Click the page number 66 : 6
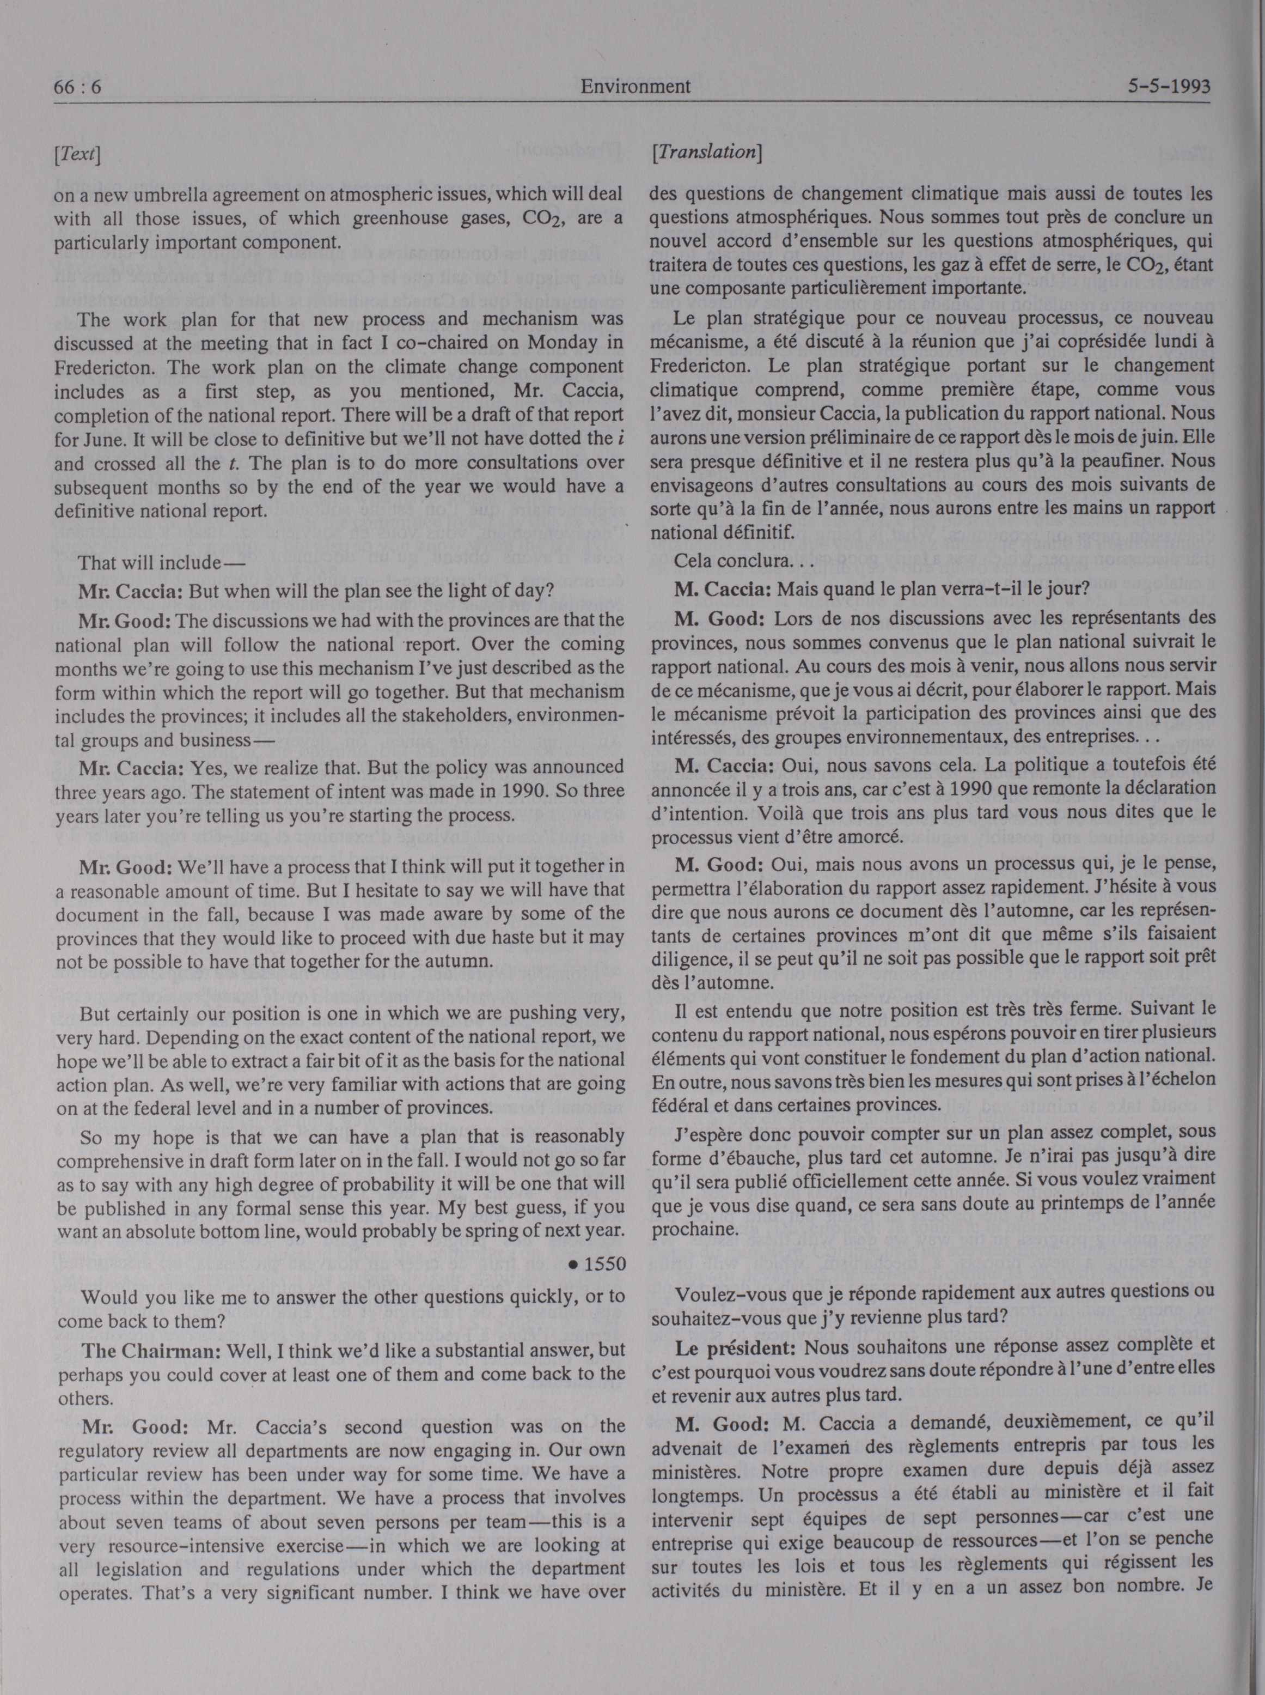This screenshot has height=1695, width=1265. (77, 87)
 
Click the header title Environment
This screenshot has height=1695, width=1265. (635, 87)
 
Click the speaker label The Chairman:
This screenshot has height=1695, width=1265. (151, 1350)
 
